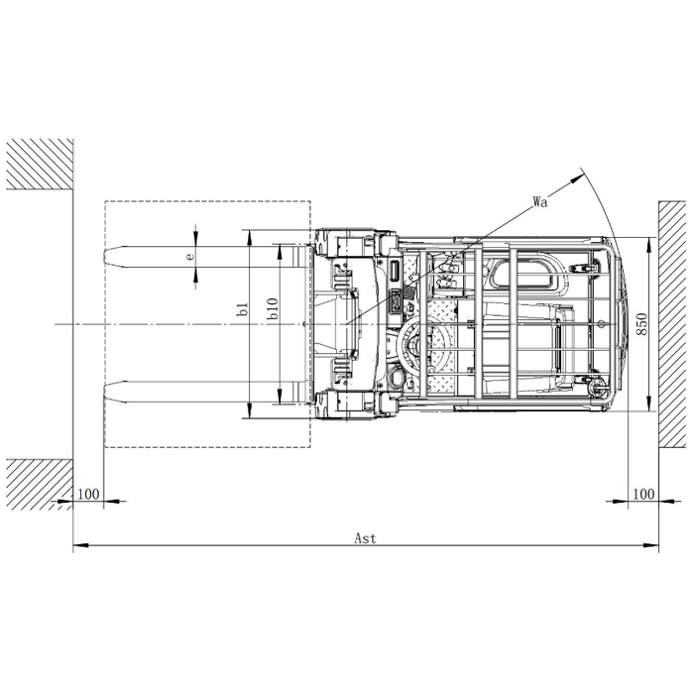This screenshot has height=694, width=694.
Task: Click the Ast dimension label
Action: [x=365, y=538]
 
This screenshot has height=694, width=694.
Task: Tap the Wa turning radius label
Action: [x=540, y=202]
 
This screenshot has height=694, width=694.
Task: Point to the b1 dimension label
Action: [x=242, y=309]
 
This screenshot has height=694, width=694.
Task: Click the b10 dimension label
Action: [x=273, y=308]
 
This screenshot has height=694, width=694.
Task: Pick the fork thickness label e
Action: [x=189, y=256]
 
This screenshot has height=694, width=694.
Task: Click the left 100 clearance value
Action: [x=88, y=494]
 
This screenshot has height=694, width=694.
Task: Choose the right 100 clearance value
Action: [x=643, y=494]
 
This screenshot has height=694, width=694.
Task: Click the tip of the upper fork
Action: [x=104, y=256]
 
